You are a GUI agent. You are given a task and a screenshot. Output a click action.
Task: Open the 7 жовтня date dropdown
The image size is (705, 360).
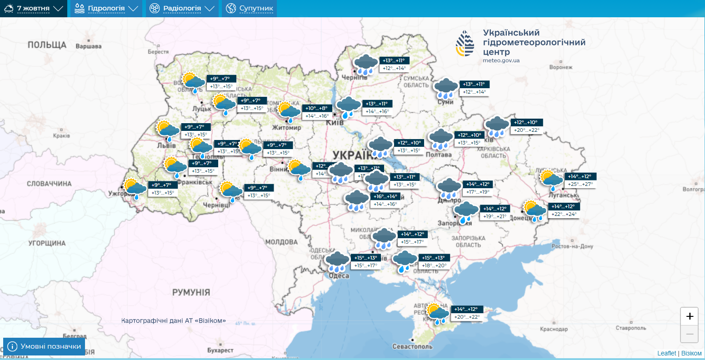tap(33, 8)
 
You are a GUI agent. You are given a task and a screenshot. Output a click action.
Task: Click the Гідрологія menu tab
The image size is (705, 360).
tap(106, 8)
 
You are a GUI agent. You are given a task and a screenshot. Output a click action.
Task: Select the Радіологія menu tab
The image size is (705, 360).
tap(182, 8)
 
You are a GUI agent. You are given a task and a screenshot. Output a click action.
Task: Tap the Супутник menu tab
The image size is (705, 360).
tap(250, 8)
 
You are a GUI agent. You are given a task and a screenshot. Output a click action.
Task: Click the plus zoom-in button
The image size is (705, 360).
tap(690, 316)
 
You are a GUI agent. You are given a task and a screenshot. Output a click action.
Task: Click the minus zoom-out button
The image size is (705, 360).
tap(690, 335)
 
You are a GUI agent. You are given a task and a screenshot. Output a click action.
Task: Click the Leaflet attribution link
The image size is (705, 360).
tap(666, 353)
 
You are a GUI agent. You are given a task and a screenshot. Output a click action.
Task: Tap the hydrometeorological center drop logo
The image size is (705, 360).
tap(465, 44)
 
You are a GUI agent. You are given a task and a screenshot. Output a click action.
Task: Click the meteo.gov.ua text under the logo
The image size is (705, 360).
tap(501, 60)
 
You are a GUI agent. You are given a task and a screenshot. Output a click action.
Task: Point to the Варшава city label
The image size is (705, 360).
tap(88, 46)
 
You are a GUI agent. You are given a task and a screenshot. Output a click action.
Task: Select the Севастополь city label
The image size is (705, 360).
tap(412, 346)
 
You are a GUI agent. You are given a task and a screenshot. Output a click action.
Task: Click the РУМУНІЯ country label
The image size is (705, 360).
tap(191, 292)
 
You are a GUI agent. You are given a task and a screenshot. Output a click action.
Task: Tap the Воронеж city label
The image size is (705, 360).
tap(560, 67)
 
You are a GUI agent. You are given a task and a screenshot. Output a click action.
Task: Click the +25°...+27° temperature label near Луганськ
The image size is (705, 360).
tap(580, 184)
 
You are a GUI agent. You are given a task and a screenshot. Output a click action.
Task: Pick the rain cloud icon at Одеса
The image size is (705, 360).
tap(337, 262)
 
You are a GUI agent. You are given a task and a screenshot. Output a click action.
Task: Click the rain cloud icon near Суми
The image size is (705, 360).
tap(446, 88)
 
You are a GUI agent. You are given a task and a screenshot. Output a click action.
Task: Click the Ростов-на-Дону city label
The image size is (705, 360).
tap(572, 246)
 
